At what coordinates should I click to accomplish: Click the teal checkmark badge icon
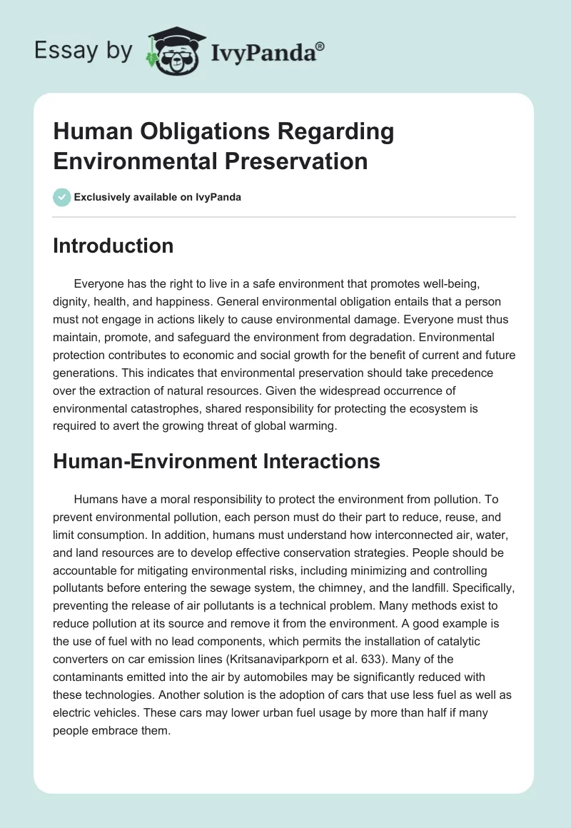click(x=62, y=197)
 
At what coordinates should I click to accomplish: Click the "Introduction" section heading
click(x=113, y=246)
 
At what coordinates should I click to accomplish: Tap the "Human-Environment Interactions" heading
click(x=216, y=462)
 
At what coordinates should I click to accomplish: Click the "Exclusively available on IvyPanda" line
click(x=158, y=197)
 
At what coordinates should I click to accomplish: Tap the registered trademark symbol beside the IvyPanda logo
click(x=320, y=46)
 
